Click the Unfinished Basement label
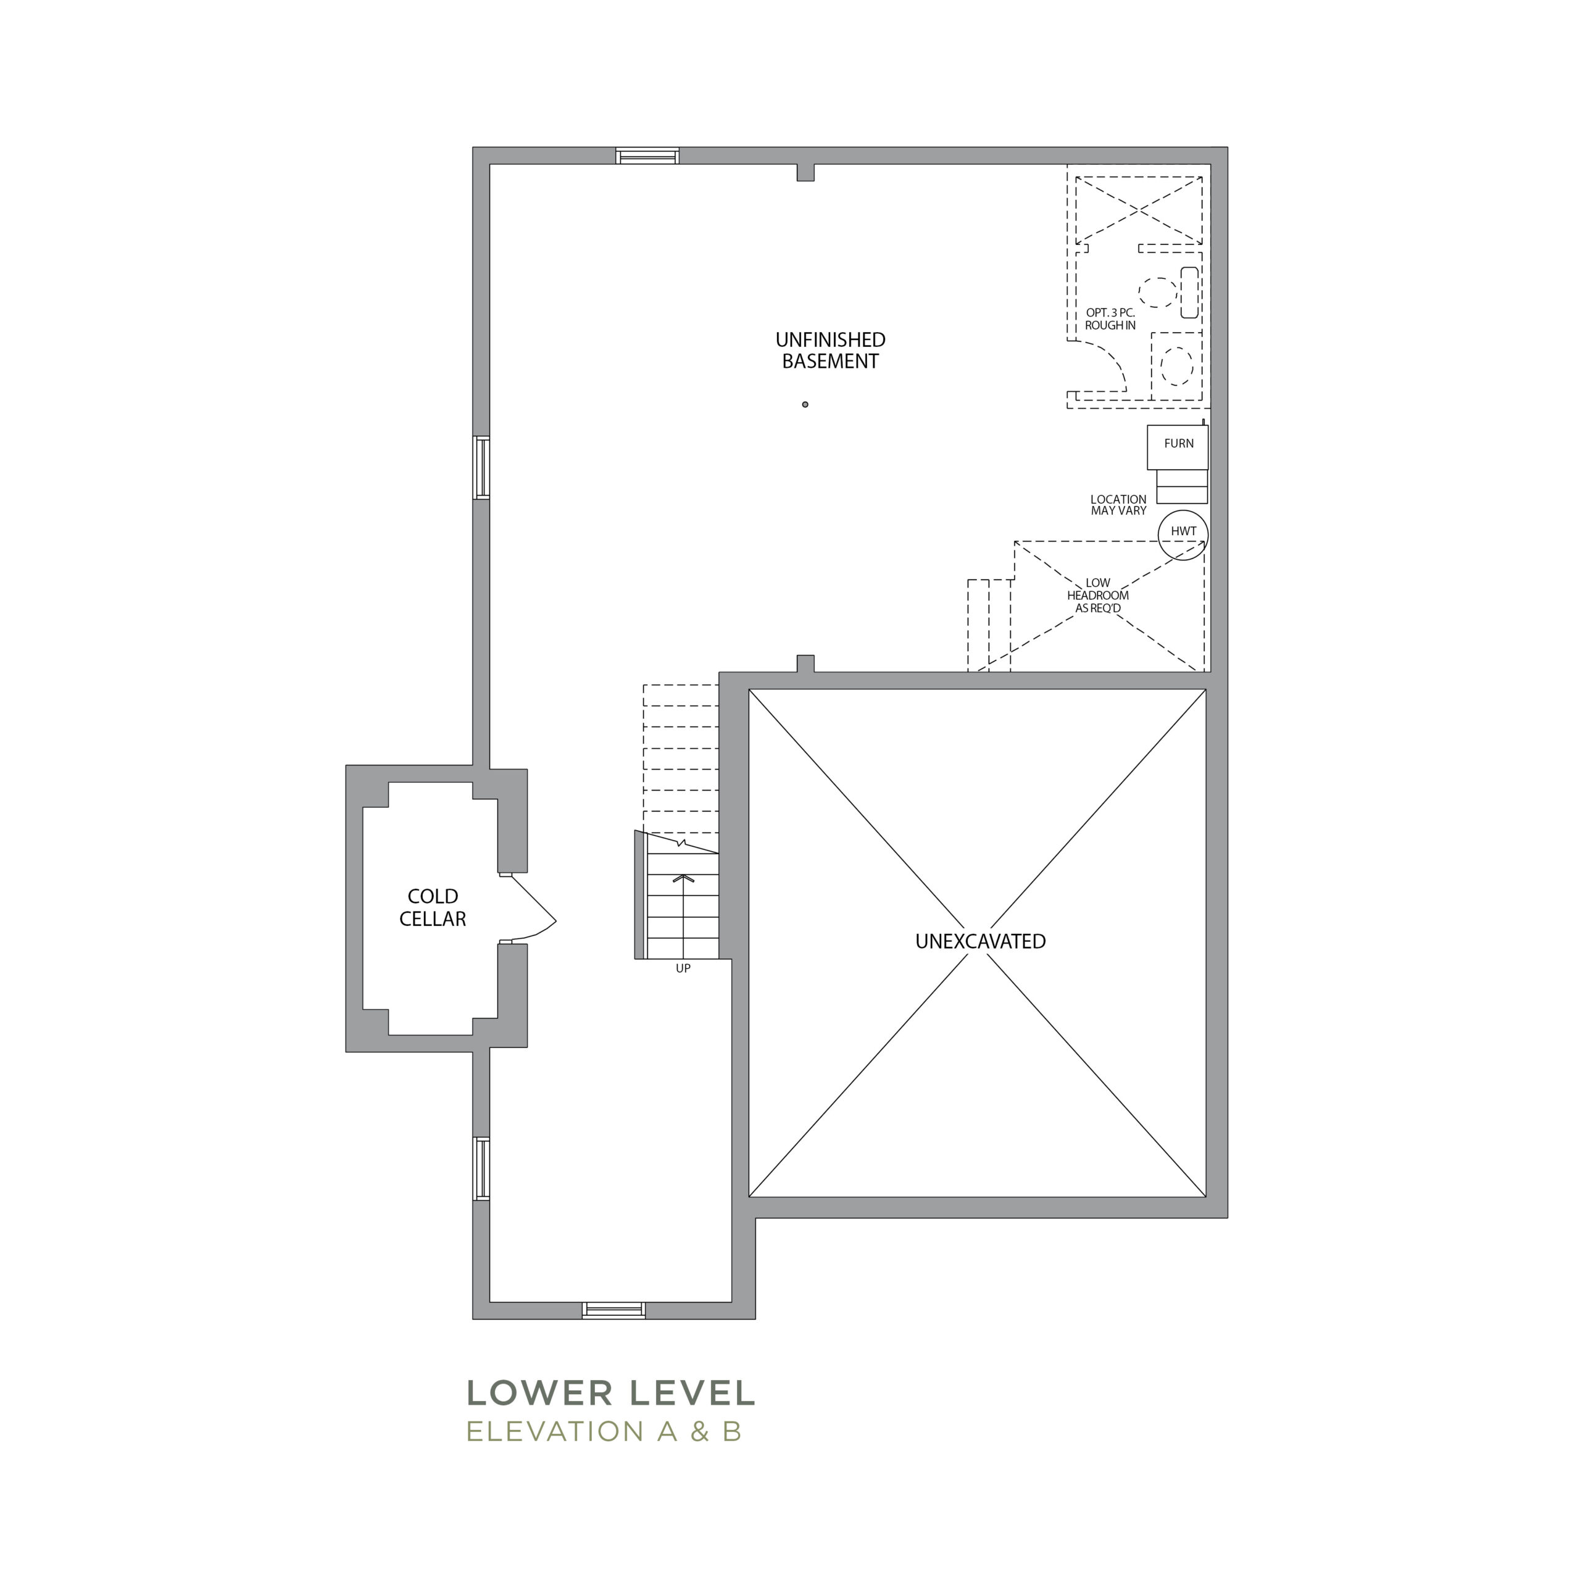(x=830, y=351)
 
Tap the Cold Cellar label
(x=433, y=908)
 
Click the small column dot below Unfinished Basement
(x=805, y=404)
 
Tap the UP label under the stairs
(x=683, y=968)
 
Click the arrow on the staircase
(x=683, y=916)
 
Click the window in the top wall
(x=647, y=156)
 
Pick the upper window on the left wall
(x=481, y=468)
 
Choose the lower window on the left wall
(x=481, y=1168)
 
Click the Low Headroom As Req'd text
(x=1097, y=596)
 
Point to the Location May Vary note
(x=1118, y=505)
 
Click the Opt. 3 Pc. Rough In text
(x=1110, y=319)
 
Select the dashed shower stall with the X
(x=1138, y=210)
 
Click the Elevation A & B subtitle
(x=604, y=1432)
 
